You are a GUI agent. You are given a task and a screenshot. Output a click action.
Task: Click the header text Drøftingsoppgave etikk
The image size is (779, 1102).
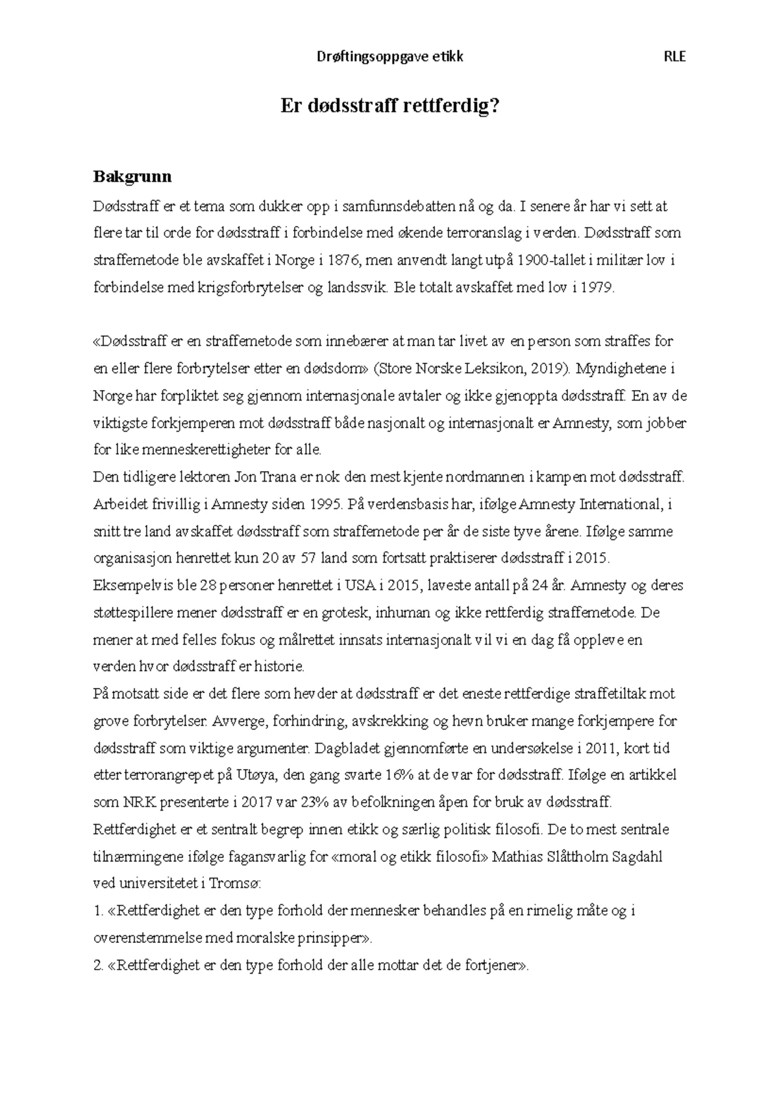pos(389,56)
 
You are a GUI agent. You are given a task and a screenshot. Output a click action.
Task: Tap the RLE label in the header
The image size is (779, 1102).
pos(674,56)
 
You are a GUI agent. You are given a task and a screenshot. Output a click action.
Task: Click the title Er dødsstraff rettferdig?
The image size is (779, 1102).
pos(389,106)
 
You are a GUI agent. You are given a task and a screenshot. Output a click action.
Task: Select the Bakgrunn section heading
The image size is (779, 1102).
pos(132,176)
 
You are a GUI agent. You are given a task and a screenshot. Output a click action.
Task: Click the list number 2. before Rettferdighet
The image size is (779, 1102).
pos(99,965)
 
